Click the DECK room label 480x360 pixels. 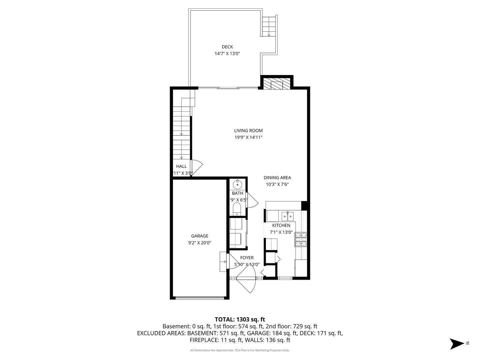click(227, 47)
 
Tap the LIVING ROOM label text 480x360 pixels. click(248, 131)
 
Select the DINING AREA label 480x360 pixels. click(277, 178)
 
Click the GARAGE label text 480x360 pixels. click(199, 236)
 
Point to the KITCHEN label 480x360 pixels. click(281, 225)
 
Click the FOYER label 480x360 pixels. click(247, 258)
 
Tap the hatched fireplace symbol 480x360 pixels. click(276, 85)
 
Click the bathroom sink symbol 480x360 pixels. click(238, 184)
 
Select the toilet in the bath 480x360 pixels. click(237, 209)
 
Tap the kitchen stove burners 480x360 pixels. click(301, 240)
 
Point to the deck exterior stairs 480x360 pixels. click(269, 27)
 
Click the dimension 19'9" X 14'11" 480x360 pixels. click(248, 137)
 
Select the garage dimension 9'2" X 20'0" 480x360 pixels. click(199, 243)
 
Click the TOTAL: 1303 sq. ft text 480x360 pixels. click(240, 320)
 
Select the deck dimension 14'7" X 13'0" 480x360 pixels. click(227, 53)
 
